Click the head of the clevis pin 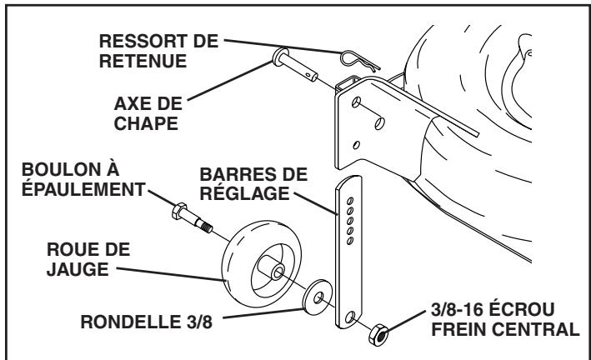point(276,61)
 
